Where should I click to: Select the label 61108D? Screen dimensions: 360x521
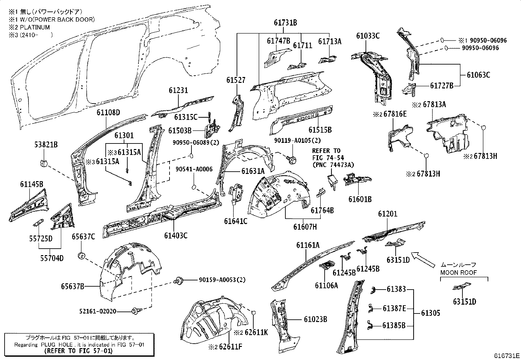pyautogui.click(x=108, y=113)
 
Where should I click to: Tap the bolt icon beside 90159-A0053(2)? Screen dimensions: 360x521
pyautogui.click(x=178, y=280)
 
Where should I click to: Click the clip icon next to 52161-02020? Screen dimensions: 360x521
pyautogui.click(x=135, y=312)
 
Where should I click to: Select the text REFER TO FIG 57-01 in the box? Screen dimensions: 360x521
pyautogui.click(x=79, y=351)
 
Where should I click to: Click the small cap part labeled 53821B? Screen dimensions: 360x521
pyautogui.click(x=44, y=163)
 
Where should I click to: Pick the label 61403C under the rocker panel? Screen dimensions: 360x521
pyautogui.click(x=176, y=235)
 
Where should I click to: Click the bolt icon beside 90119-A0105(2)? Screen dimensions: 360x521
pyautogui.click(x=292, y=160)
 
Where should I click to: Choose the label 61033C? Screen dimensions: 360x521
pyautogui.click(x=368, y=36)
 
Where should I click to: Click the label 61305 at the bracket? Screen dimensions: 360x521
pyautogui.click(x=431, y=313)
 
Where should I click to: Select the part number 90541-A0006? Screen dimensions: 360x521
pyautogui.click(x=194, y=169)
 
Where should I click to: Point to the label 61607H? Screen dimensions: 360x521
pyautogui.click(x=305, y=227)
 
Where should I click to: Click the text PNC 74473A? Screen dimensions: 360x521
pyautogui.click(x=333, y=165)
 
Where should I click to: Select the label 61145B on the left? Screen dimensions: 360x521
pyautogui.click(x=31, y=184)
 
